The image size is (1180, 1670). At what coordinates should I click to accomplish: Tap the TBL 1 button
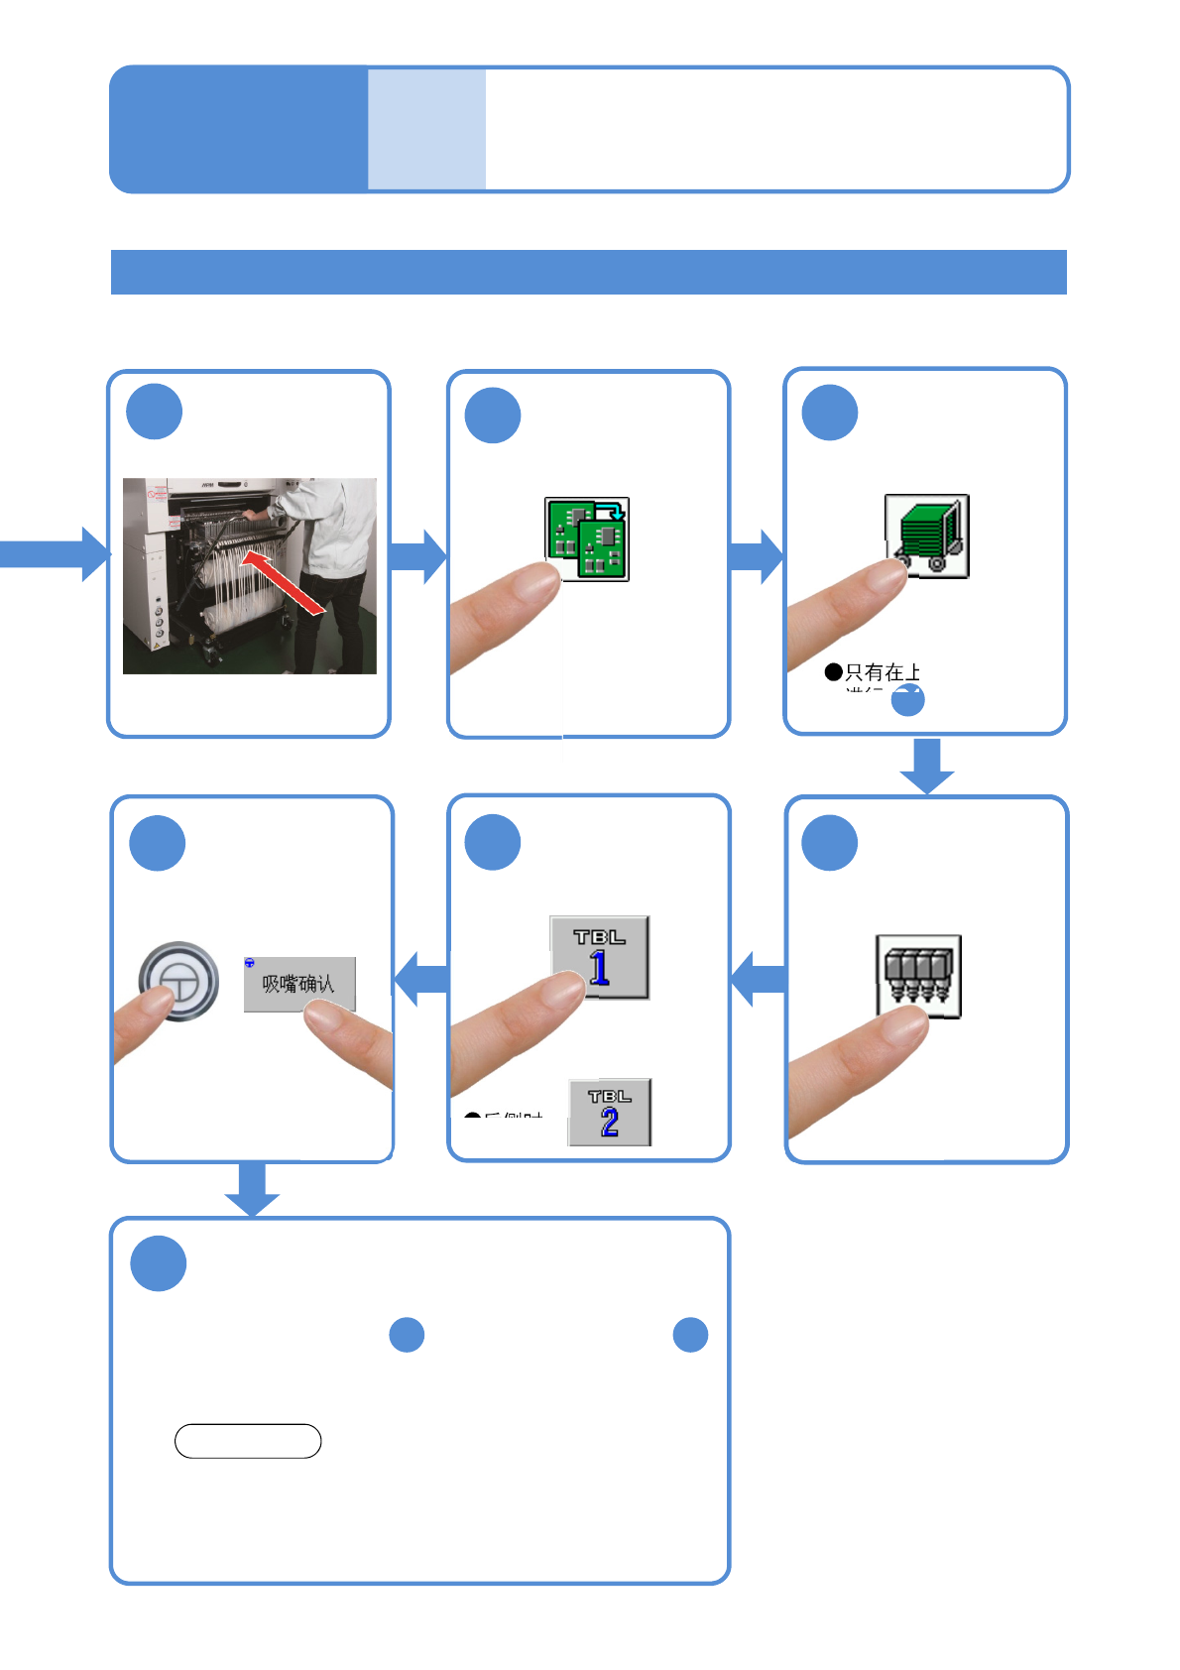[x=599, y=957]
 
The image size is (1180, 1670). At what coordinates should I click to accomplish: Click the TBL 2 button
[x=609, y=1112]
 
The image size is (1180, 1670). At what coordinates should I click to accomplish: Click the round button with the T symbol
[x=178, y=981]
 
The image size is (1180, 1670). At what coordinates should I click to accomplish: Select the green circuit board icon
[x=587, y=538]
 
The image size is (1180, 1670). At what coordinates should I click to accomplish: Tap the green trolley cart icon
[x=927, y=536]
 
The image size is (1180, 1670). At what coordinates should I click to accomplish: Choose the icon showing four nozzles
[x=918, y=976]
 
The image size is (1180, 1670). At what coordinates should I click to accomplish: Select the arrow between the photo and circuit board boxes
[x=418, y=555]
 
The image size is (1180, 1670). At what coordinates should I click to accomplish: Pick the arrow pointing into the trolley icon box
[x=757, y=555]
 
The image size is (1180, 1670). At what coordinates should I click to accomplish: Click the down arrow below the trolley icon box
[x=927, y=766]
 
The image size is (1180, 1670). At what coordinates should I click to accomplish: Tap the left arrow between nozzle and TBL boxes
[x=759, y=979]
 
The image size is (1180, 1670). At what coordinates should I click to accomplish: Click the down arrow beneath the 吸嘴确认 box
[x=252, y=1188]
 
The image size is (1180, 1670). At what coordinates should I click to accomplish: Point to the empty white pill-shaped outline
[x=248, y=1441]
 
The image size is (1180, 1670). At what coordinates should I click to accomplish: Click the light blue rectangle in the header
[x=426, y=129]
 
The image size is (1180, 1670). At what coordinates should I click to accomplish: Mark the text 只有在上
[x=883, y=672]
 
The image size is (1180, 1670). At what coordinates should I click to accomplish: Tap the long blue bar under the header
[x=588, y=272]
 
